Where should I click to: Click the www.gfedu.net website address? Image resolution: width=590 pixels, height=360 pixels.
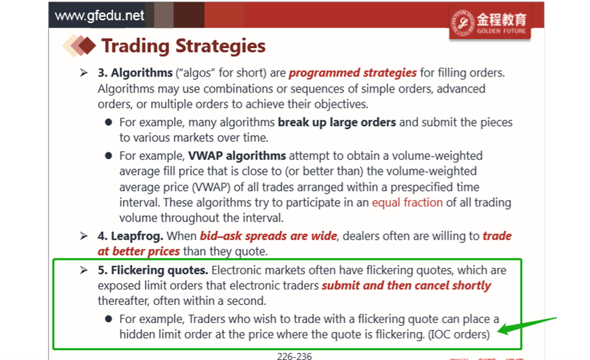coord(100,15)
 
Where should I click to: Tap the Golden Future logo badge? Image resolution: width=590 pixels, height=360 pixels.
coord(490,22)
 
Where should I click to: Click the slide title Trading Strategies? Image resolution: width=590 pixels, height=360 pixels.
coord(184,46)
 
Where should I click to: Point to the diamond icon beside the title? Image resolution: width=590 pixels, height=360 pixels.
coord(79,45)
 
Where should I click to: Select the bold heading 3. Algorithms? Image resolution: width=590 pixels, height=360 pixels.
coord(135,72)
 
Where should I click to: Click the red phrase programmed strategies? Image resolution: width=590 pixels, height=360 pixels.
coord(352,72)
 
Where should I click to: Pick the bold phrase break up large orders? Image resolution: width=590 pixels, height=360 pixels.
coord(336,123)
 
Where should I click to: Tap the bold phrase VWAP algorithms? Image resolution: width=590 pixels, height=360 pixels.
coord(237,156)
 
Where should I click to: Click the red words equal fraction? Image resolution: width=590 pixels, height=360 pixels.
coord(407,203)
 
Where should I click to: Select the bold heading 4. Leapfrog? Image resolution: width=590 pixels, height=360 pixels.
coord(130,236)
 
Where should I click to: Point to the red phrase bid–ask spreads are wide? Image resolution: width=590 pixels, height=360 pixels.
coord(268,236)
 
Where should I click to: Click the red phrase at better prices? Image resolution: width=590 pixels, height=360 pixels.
coord(139,251)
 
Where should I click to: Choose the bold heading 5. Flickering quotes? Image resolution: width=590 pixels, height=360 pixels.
coord(153,270)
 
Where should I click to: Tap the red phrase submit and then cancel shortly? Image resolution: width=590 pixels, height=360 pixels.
coord(406,285)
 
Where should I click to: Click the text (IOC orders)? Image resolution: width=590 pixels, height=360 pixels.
coord(459,334)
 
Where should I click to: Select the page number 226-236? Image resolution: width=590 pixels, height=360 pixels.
coord(294,357)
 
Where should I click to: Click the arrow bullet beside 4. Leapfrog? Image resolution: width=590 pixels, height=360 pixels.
coord(84,236)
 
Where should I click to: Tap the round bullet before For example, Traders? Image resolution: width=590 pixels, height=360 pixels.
coord(109,319)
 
